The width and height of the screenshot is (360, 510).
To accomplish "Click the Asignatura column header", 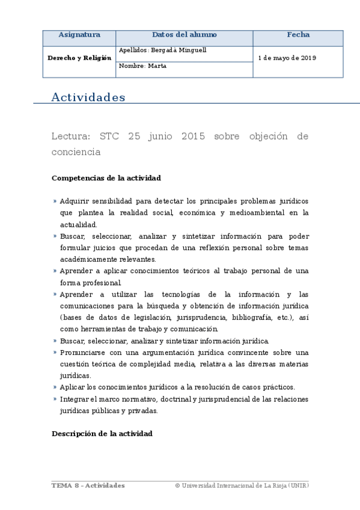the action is pyautogui.click(x=79, y=35).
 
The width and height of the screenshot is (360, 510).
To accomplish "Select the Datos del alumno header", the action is pyautogui.click(x=184, y=35).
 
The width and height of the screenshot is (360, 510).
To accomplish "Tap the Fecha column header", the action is pyautogui.click(x=298, y=35).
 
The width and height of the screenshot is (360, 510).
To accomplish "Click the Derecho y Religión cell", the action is pyautogui.click(x=79, y=58).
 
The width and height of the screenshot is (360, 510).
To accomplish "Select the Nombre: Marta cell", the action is pyautogui.click(x=143, y=66).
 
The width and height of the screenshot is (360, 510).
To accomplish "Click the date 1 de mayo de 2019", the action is pyautogui.click(x=287, y=58).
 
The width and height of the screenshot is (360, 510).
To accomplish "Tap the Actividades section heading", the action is pyautogui.click(x=88, y=97).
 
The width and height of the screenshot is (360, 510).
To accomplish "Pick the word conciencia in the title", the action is pyautogui.click(x=76, y=152).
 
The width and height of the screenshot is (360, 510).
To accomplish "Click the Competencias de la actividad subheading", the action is pyautogui.click(x=106, y=178).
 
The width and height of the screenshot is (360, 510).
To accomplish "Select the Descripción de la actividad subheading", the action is pyautogui.click(x=102, y=433).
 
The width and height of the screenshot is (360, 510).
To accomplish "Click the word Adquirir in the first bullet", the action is pyautogui.click(x=75, y=201).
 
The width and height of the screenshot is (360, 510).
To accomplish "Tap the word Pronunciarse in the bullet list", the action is pyautogui.click(x=83, y=352).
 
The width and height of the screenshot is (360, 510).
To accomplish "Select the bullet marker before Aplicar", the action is pyautogui.click(x=55, y=387).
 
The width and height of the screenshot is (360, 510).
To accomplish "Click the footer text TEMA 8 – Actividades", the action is pyautogui.click(x=88, y=485).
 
